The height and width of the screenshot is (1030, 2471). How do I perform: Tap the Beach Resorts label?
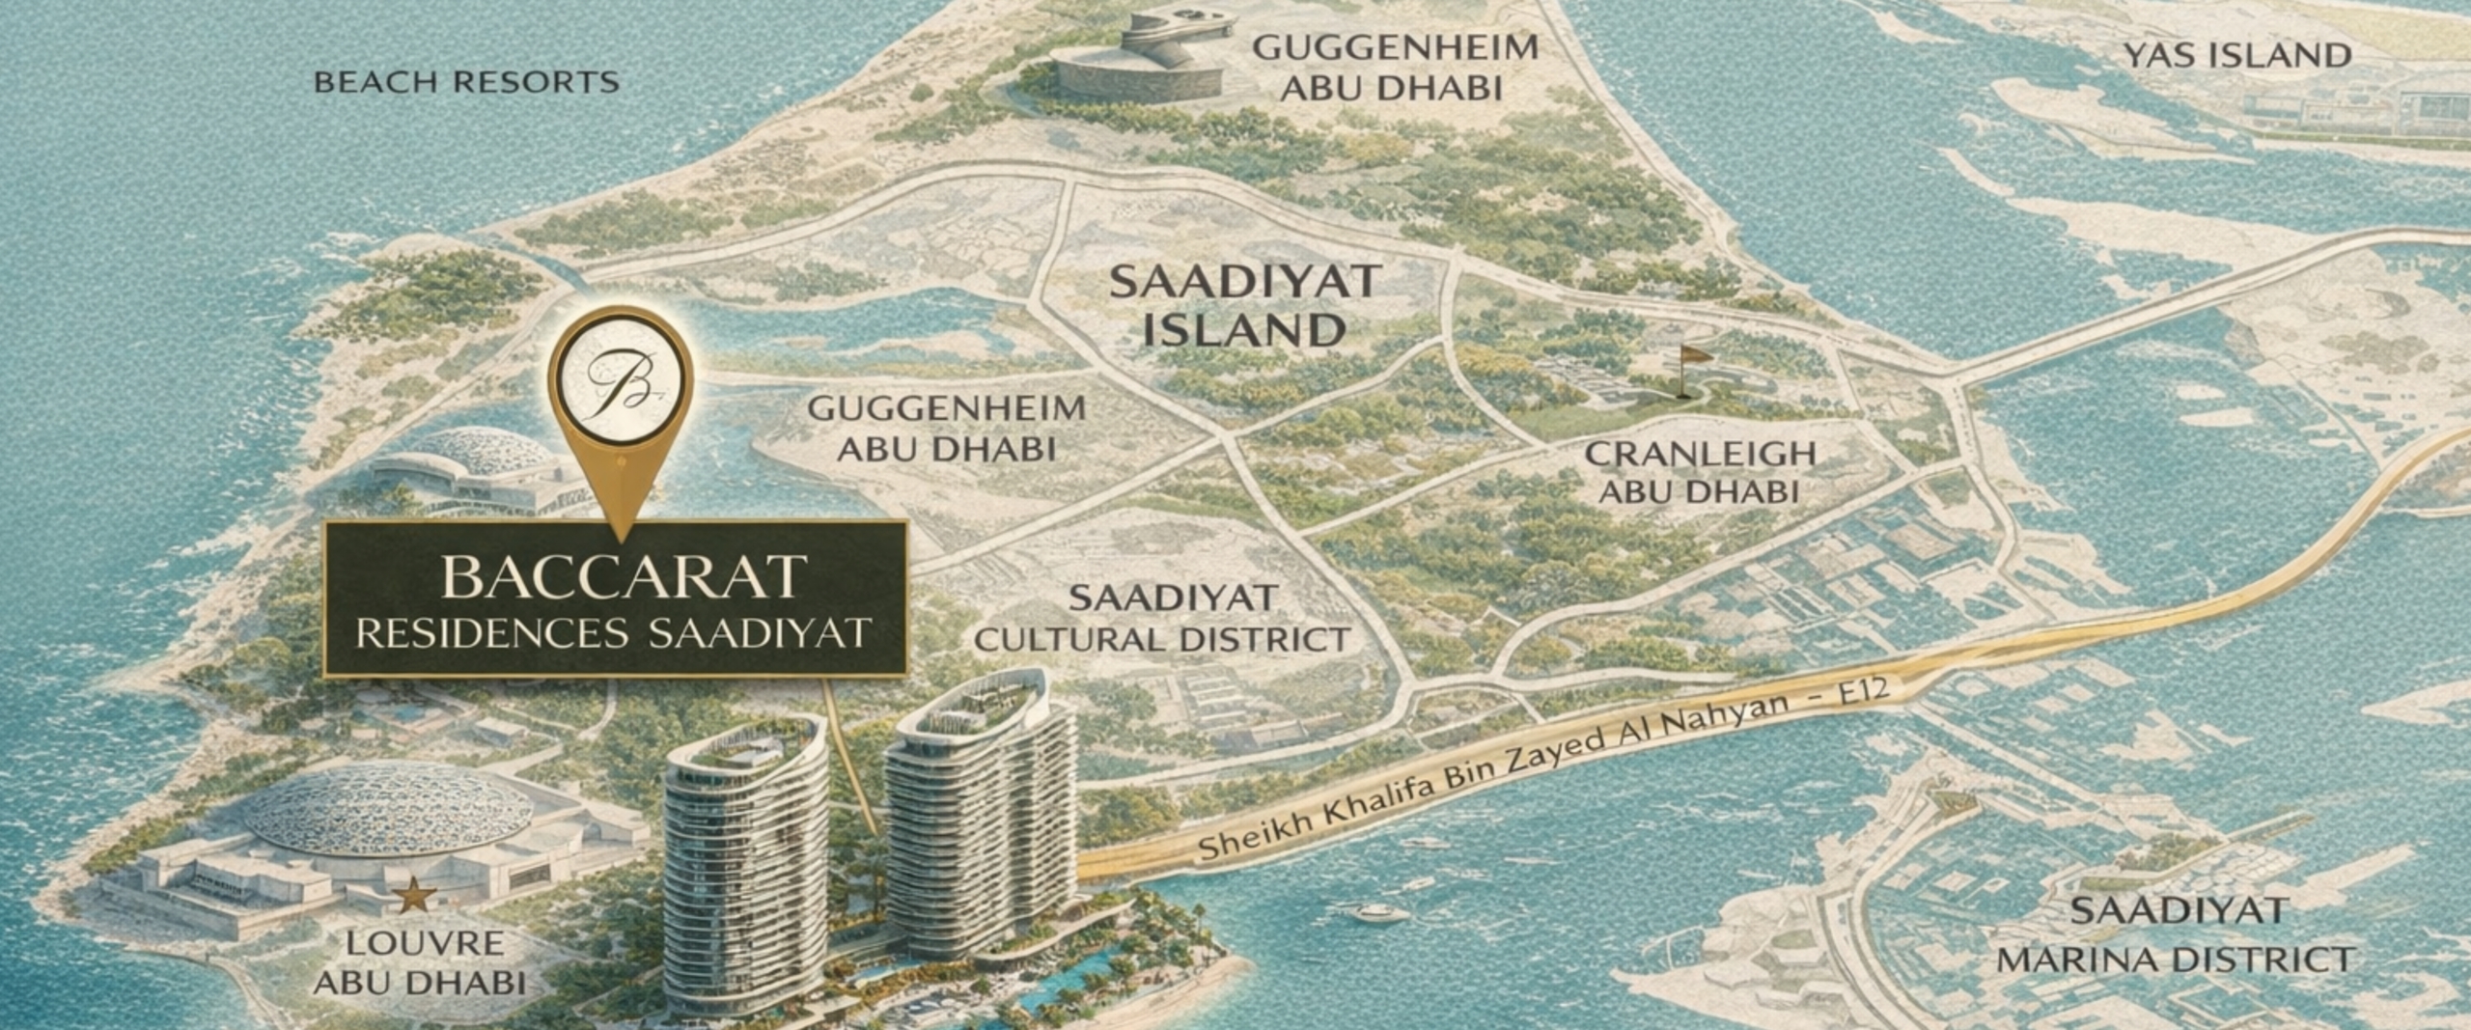[466, 82]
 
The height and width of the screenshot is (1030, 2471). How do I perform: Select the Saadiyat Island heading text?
[1244, 306]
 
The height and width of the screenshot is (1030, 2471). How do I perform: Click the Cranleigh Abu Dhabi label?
[1700, 472]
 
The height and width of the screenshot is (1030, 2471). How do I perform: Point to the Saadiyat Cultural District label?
[1162, 619]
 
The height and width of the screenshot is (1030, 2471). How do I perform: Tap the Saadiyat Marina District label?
[2177, 935]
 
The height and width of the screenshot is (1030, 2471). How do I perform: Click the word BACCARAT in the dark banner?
[623, 577]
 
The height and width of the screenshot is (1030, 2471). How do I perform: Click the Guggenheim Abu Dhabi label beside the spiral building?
[1395, 68]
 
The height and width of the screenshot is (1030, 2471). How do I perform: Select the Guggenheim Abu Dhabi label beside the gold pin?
[947, 429]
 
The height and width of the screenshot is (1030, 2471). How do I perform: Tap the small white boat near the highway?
[1380, 911]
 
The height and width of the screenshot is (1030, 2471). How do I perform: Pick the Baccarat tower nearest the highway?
[980, 821]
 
